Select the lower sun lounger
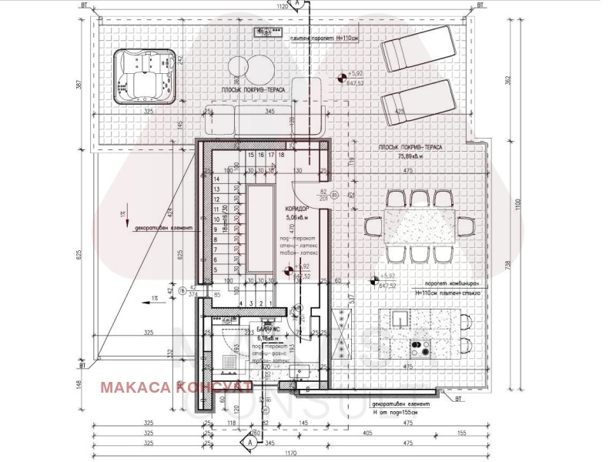pos(416,102)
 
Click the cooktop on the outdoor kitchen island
pos(420,348)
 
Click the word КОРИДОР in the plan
pos(296,209)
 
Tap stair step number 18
pos(282,155)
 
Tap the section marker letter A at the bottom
pos(249,443)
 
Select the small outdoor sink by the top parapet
pos(266,32)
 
